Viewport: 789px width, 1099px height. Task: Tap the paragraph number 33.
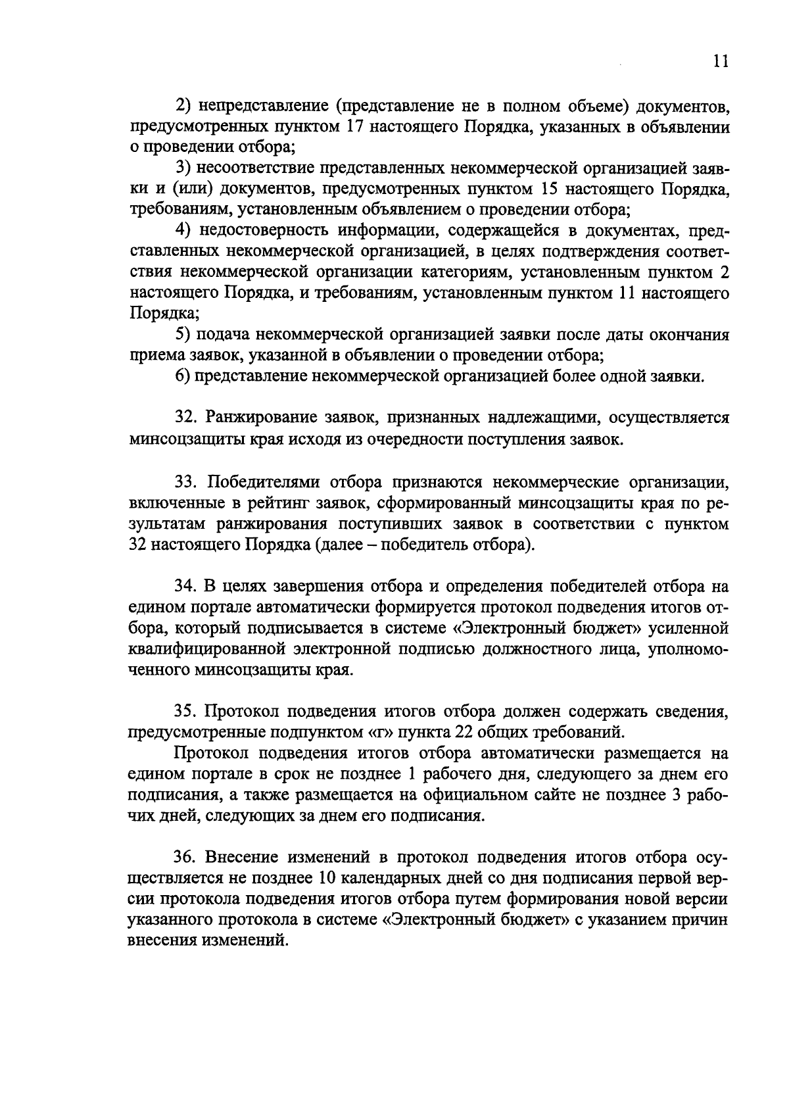[x=186, y=481]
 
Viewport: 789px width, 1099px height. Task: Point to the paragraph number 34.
[x=186, y=587]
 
